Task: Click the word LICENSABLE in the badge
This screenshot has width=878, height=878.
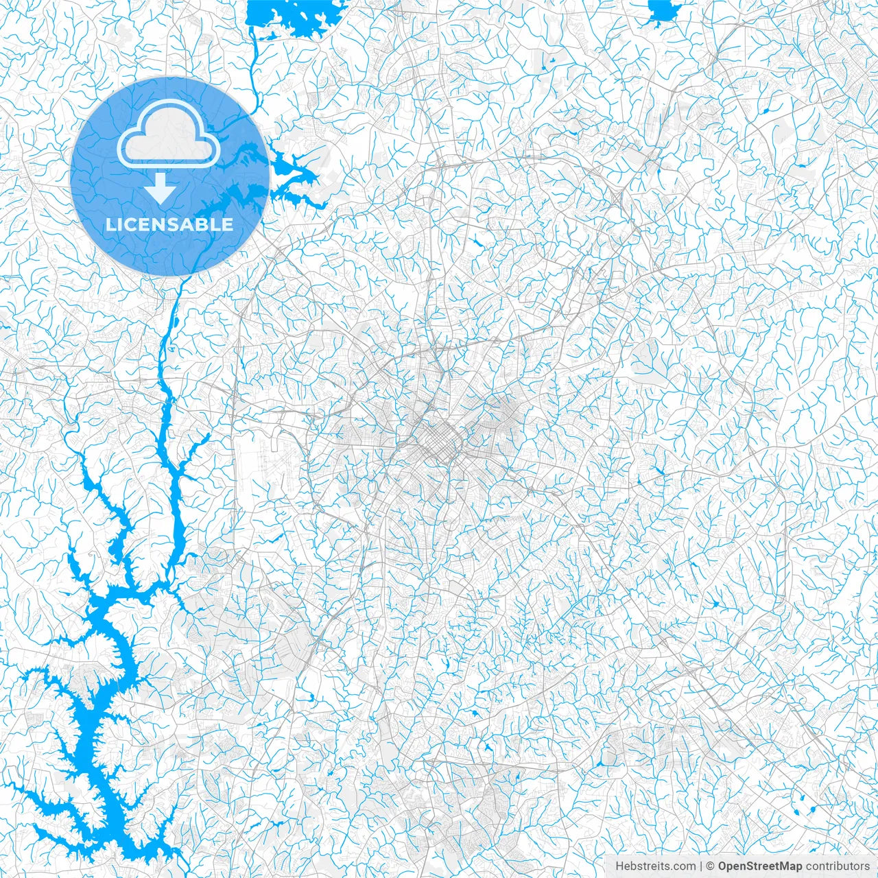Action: pyautogui.click(x=169, y=224)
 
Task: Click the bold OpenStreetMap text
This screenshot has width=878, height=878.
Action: pyautogui.click(x=760, y=866)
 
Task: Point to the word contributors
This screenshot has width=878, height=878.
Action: pyautogui.click(x=838, y=866)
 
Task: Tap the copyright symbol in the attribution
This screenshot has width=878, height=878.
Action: pyautogui.click(x=711, y=866)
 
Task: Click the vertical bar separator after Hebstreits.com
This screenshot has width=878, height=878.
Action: pyautogui.click(x=700, y=866)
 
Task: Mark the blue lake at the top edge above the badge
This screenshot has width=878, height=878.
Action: pyautogui.click(x=292, y=17)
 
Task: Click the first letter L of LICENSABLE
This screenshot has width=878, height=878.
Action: pyautogui.click(x=110, y=224)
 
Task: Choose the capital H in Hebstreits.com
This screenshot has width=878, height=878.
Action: pyautogui.click(x=619, y=866)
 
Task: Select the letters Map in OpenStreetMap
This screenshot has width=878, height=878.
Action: pyautogui.click(x=789, y=866)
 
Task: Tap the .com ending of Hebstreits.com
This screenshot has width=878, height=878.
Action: pyautogui.click(x=684, y=866)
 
